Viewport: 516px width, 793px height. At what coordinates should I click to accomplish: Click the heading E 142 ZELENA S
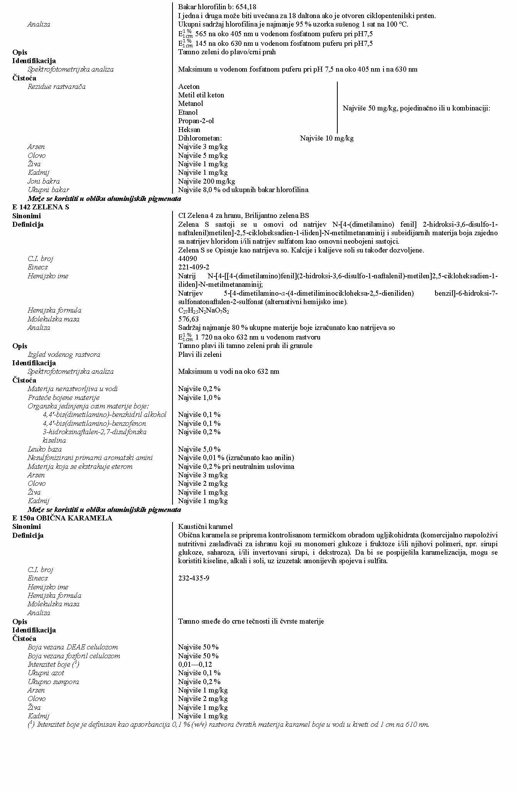(x=41, y=207)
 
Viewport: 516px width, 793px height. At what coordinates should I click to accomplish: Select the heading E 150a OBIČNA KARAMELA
(x=62, y=518)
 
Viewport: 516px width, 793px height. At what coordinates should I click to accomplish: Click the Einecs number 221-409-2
(x=194, y=267)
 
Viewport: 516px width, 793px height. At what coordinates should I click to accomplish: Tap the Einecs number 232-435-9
(x=194, y=578)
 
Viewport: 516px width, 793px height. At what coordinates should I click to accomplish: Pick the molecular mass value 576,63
(x=188, y=319)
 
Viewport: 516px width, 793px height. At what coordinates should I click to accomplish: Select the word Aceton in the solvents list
(x=189, y=87)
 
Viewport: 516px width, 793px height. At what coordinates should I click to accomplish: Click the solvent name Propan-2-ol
(x=196, y=121)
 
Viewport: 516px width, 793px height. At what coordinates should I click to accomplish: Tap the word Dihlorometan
(x=200, y=138)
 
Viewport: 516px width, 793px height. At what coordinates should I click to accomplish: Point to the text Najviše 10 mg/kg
(x=327, y=138)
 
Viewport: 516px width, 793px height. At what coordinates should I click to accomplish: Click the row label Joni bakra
(x=44, y=181)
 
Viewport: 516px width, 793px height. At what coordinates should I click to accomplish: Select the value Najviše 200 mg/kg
(x=206, y=181)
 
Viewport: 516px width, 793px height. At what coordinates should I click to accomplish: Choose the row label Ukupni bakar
(x=48, y=190)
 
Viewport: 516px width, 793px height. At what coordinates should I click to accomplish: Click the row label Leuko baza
(x=44, y=449)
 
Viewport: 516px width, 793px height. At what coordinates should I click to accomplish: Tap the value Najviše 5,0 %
(x=199, y=449)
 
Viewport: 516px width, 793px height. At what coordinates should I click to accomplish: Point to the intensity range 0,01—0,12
(x=195, y=664)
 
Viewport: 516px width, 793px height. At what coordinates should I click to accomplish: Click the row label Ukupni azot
(x=46, y=673)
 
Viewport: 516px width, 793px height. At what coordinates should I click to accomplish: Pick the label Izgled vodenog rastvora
(x=64, y=355)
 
